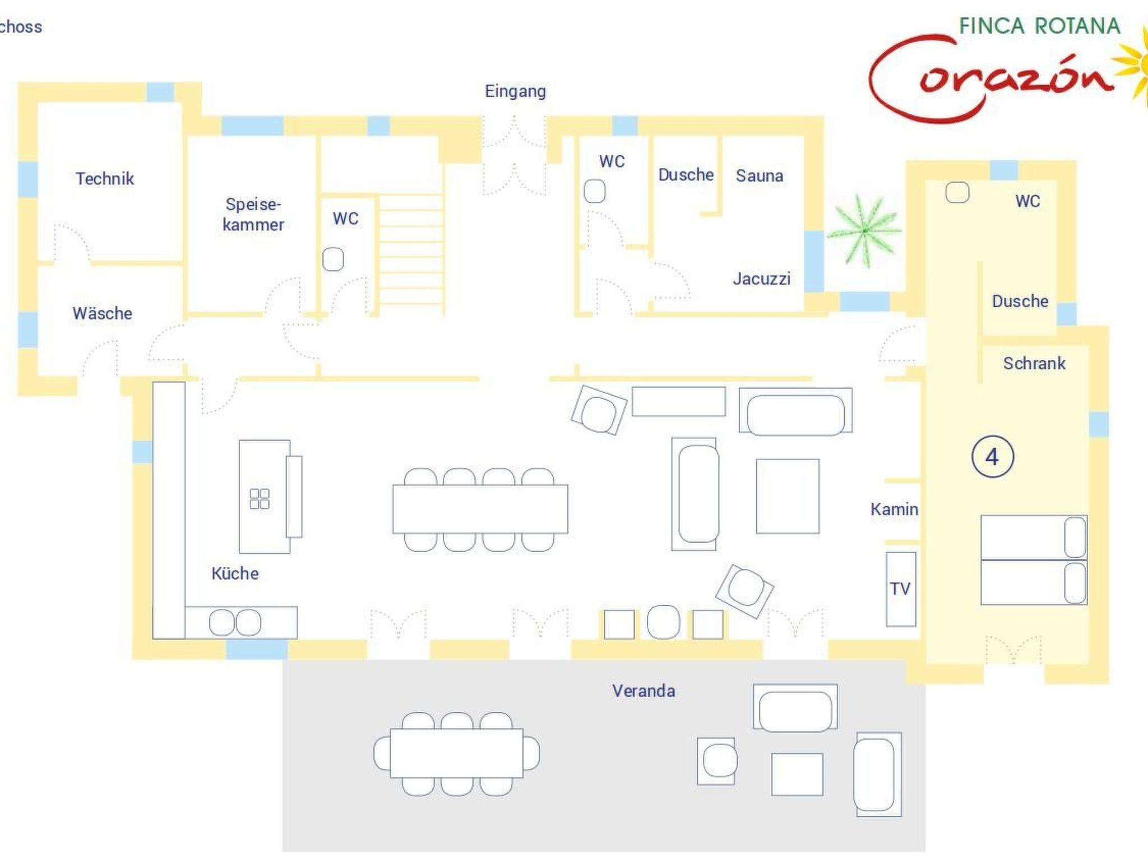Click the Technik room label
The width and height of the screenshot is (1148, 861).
click(105, 179)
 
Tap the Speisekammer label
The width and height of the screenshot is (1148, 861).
click(253, 214)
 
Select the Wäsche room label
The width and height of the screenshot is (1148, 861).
click(103, 313)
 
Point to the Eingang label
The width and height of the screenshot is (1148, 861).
click(515, 91)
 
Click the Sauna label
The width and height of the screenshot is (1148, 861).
click(760, 176)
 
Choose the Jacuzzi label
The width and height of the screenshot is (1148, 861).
click(762, 279)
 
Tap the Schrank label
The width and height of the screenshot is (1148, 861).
click(1034, 363)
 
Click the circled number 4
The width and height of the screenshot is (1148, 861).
click(993, 457)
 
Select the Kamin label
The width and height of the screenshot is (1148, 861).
click(895, 509)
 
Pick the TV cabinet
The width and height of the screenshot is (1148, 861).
click(901, 589)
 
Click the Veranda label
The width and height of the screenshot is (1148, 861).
click(644, 691)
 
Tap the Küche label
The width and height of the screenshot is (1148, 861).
click(235, 573)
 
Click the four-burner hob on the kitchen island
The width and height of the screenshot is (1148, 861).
click(260, 498)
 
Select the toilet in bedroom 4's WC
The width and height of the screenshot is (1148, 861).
click(957, 192)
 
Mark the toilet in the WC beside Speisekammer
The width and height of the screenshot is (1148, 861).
click(333, 260)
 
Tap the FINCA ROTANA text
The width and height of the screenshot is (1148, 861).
click(1040, 26)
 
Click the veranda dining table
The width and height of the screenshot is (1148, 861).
click(457, 753)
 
